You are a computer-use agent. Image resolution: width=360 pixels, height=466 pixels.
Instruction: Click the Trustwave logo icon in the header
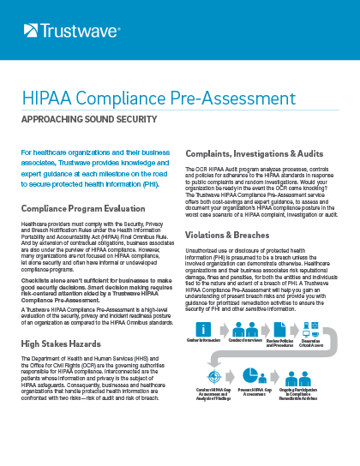[31, 32]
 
